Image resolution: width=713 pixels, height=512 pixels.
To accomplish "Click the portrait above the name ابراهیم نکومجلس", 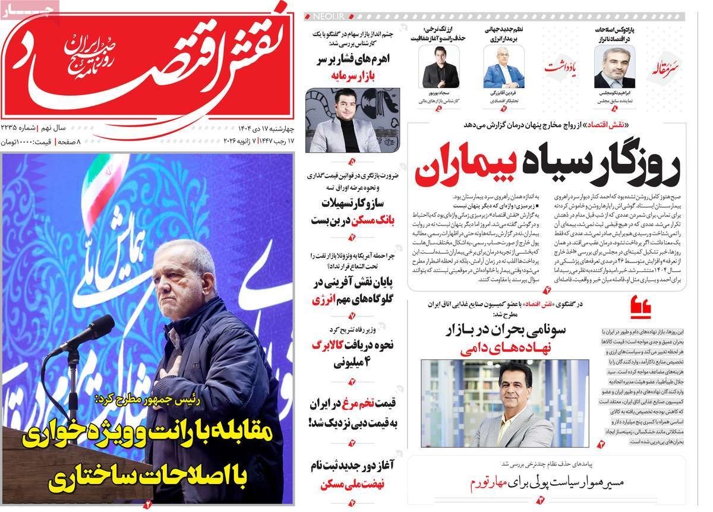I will point(614,67).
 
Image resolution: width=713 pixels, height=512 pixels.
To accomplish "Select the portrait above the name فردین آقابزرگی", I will point(503,67).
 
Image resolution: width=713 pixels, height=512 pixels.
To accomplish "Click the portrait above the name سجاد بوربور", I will point(440,67).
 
